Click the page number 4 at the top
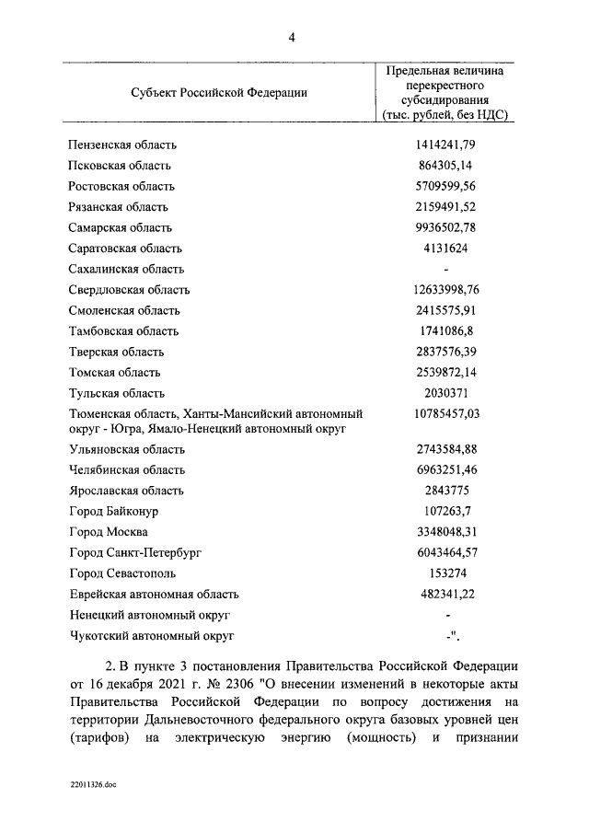tap(292, 38)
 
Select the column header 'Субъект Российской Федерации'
tap(218, 92)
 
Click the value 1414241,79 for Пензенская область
tap(445, 145)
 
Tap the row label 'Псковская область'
tap(120, 166)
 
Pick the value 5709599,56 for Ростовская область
tap(445, 187)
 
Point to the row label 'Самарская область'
tap(121, 227)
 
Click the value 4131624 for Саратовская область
tap(445, 249)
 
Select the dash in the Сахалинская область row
tap(445, 270)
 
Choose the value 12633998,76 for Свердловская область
tap(445, 290)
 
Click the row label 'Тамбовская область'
tap(123, 331)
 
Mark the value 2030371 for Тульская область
tap(445, 393)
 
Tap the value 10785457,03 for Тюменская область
tap(445, 414)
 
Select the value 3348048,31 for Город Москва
tap(445, 532)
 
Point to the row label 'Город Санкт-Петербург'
tap(134, 553)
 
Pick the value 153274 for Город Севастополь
tap(445, 573)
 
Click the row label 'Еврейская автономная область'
tap(154, 595)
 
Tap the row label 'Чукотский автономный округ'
tap(152, 636)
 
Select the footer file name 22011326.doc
tap(93, 785)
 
